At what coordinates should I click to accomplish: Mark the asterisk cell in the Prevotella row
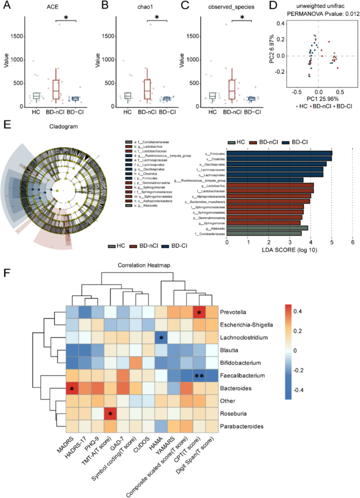pos(199,312)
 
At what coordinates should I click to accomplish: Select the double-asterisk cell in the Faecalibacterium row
pos(199,376)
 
